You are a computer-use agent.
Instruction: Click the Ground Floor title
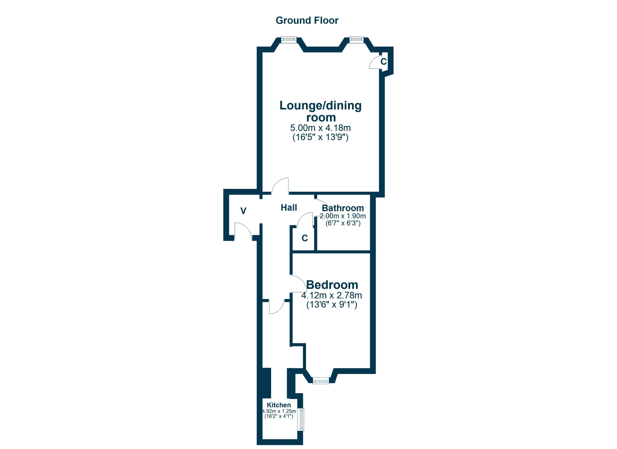[x=307, y=20]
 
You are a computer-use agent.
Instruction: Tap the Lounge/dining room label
[x=321, y=111]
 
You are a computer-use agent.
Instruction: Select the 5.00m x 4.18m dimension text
[x=321, y=128]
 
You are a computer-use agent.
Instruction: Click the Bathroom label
[x=343, y=208]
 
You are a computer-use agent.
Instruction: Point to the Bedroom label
[x=332, y=285]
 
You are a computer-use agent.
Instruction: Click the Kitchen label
[x=279, y=405]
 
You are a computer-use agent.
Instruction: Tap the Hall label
[x=289, y=208]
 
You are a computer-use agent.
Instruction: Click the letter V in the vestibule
[x=243, y=211]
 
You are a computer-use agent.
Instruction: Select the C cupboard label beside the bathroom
[x=305, y=238]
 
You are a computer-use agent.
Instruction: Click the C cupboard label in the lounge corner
[x=384, y=61]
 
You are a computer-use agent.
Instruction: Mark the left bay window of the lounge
[x=289, y=40]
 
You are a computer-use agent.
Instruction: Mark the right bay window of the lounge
[x=356, y=40]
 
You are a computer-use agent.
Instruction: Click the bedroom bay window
[x=321, y=381]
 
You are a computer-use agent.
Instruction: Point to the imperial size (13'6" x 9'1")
[x=332, y=305]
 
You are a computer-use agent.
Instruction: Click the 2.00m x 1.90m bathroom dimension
[x=343, y=216]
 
